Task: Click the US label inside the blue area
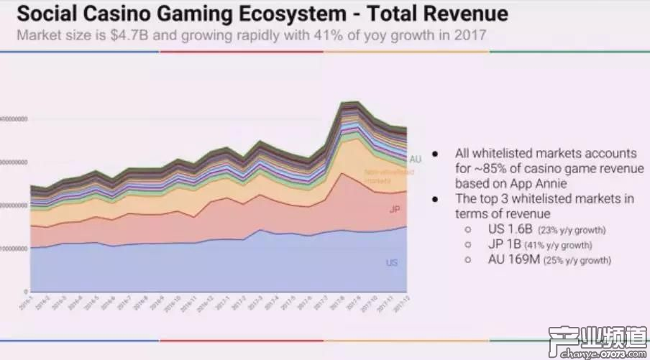[392, 263]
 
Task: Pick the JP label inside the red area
[394, 210]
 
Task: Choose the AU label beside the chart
[415, 159]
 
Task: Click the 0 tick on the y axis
[26, 292]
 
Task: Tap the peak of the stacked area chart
[350, 103]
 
